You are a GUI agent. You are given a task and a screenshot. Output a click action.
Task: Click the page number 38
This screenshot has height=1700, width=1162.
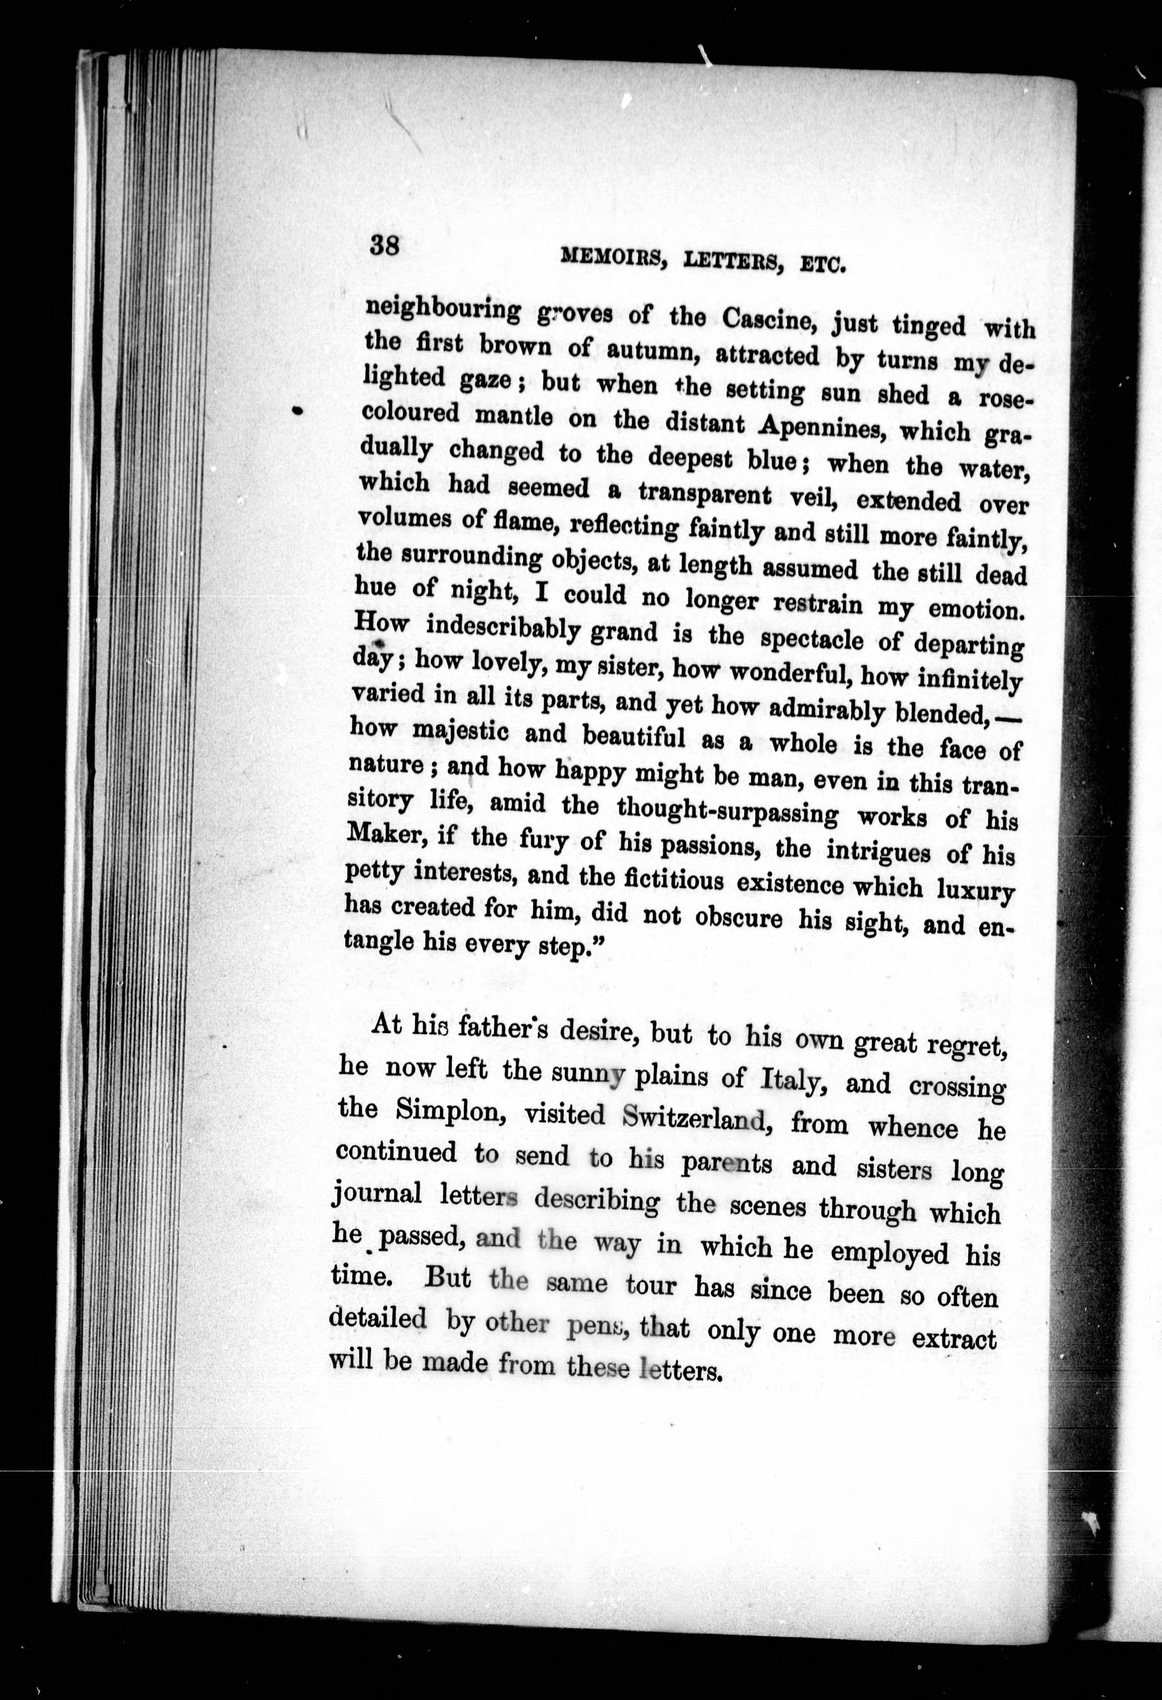(x=384, y=244)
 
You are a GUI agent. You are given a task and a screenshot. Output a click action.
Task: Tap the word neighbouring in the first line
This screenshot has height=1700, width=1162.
(x=443, y=310)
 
